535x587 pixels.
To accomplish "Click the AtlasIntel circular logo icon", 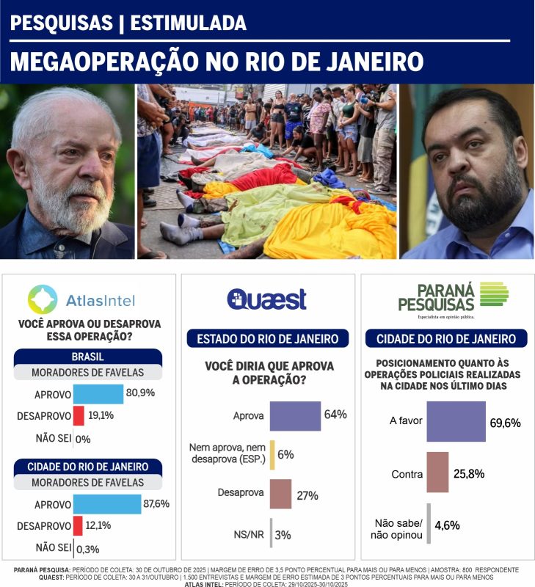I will [43, 299].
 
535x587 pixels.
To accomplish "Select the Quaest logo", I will [266, 299].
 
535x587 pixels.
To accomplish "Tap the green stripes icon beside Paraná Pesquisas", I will [494, 294].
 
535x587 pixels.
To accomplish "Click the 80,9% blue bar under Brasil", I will [98, 394].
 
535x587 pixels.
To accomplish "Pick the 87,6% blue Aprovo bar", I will [106, 504].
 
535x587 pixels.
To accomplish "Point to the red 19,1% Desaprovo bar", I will [78, 416].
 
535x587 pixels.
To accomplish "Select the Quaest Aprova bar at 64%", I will [295, 415].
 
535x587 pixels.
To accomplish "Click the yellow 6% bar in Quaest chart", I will [272, 454].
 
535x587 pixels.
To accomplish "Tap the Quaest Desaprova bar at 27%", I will [280, 494].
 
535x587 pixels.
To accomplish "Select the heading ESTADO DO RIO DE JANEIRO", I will [267, 339].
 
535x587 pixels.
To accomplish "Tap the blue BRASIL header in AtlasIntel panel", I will [87, 357].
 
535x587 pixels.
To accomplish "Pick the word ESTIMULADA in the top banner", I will [188, 23].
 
